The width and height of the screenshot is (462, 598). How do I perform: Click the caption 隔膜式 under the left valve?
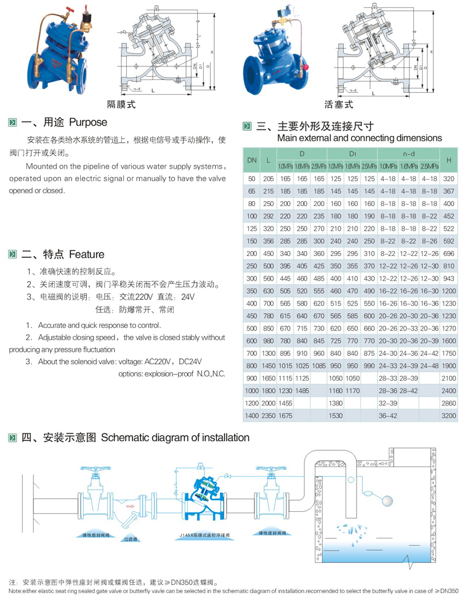tap(120, 104)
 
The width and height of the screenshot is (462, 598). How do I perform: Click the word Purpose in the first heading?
tap(87, 122)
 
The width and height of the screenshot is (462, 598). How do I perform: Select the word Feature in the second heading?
tap(86, 254)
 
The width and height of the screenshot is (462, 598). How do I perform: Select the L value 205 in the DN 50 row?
tap(268, 178)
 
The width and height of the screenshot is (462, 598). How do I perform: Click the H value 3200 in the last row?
tap(448, 416)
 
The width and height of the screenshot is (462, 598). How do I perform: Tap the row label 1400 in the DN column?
tap(252, 416)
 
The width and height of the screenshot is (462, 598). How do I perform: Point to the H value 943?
tap(448, 279)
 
